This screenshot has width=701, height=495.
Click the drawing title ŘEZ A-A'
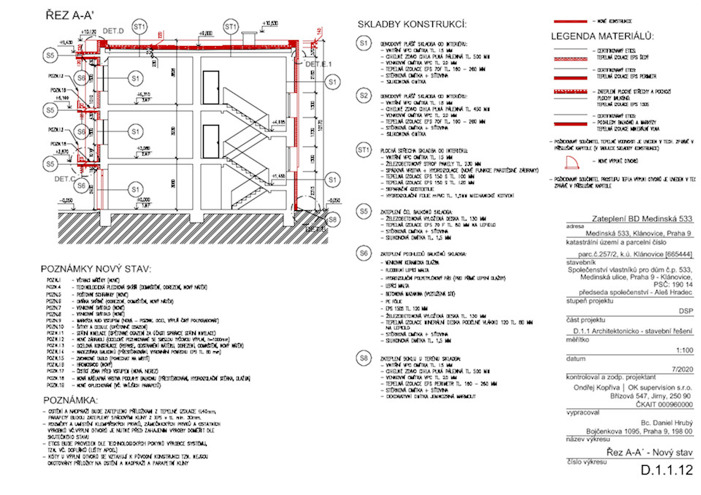[x=72, y=14]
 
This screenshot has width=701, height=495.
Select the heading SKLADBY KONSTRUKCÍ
[x=412, y=26]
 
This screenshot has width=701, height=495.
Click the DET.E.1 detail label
[x=318, y=65]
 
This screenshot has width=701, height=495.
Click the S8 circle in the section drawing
[x=333, y=218]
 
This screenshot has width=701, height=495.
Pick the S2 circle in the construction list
[x=363, y=96]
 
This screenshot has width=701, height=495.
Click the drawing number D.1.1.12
[x=665, y=471]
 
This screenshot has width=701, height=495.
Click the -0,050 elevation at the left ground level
[x=68, y=199]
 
